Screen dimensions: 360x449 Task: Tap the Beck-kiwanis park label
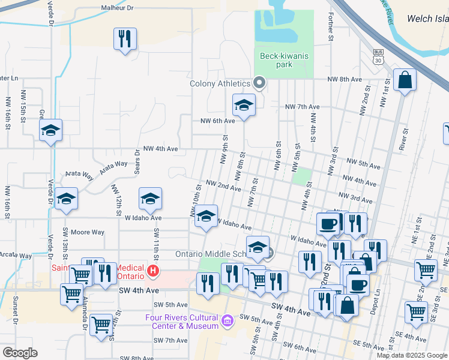tap(284, 60)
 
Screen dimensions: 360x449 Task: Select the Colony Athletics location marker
tap(260, 83)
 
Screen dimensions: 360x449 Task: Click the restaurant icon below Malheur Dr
tap(125, 40)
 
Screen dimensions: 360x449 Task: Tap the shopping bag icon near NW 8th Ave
tap(405, 79)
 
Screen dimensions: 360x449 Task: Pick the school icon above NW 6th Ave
tap(244, 106)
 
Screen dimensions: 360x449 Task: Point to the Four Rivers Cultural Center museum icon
tap(227, 322)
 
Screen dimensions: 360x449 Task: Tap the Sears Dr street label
tap(137, 161)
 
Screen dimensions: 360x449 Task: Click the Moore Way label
tap(88, 232)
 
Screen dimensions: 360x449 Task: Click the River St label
tap(405, 138)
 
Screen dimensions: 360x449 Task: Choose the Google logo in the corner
tap(20, 353)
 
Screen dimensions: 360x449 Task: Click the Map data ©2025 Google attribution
tap(412, 355)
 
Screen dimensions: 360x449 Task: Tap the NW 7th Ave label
tap(303, 106)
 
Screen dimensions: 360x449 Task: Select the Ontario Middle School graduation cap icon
tap(258, 246)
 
